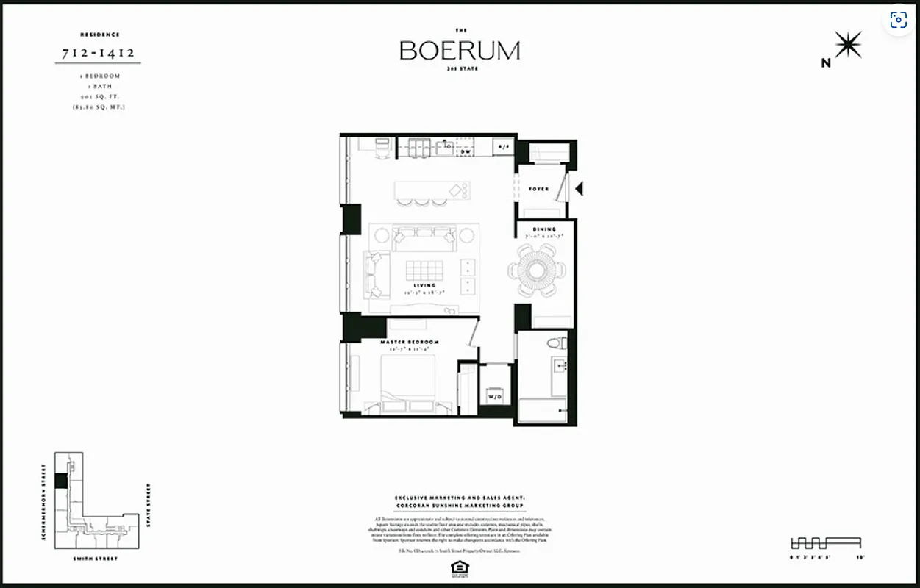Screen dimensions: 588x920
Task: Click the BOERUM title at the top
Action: point(460,50)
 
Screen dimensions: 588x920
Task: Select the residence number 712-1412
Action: point(98,53)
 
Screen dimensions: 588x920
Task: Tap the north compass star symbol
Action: point(847,46)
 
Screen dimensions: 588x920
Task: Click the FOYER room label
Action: point(538,189)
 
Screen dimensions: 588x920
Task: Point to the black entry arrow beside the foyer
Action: point(579,189)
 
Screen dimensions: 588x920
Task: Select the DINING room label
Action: point(544,229)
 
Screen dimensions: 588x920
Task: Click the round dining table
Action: point(537,270)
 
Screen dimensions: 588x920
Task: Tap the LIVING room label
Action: point(424,285)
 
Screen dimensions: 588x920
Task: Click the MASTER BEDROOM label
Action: point(409,343)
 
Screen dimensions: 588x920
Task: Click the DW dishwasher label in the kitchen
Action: point(465,151)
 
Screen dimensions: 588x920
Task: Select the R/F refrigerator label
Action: point(503,147)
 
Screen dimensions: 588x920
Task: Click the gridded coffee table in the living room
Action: point(424,269)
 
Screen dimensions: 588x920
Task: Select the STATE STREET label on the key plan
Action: point(149,505)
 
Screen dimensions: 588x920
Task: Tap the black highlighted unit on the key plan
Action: point(61,481)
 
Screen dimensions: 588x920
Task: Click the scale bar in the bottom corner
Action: point(824,543)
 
